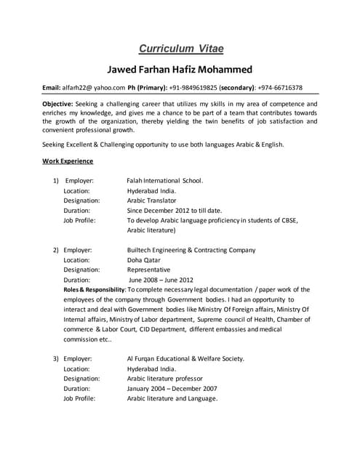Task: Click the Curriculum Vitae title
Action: [180, 49]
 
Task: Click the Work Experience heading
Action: [67, 160]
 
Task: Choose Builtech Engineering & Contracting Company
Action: [191, 249]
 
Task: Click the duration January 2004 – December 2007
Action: [172, 389]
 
